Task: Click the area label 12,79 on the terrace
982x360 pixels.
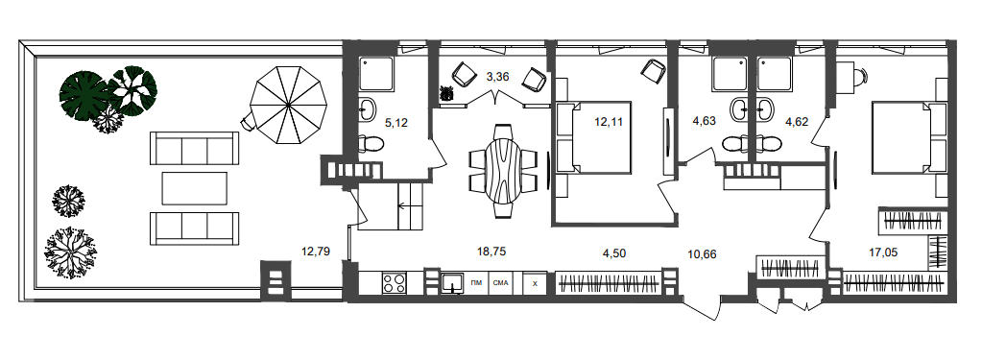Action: (x=315, y=252)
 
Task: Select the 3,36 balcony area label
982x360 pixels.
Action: (x=498, y=77)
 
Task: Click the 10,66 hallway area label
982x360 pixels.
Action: (x=702, y=254)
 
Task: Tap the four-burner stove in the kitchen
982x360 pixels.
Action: (x=394, y=283)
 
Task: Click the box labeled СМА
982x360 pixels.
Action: (x=500, y=283)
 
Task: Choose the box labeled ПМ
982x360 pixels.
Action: (x=476, y=283)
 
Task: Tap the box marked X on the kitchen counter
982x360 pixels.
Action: (x=535, y=283)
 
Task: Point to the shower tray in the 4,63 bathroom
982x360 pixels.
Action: (x=729, y=74)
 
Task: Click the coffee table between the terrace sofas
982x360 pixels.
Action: (x=194, y=188)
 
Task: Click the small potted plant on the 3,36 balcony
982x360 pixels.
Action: (x=447, y=93)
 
